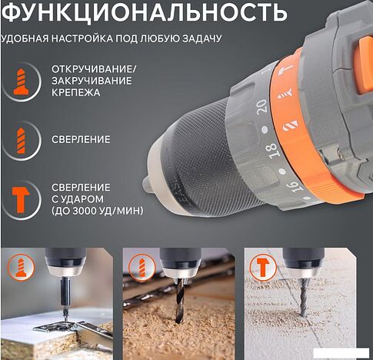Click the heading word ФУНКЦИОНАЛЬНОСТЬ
tap(144, 12)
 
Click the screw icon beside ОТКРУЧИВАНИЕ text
tap(21, 82)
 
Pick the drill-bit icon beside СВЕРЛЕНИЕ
tap(21, 141)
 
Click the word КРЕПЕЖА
tap(75, 92)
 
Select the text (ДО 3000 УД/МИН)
tap(97, 211)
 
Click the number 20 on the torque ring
tap(261, 106)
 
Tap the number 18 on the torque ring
tap(273, 149)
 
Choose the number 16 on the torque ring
tap(294, 188)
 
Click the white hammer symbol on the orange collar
tap(286, 70)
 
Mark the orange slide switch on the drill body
tap(365, 66)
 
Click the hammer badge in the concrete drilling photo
tap(262, 268)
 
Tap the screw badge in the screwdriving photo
tap(21, 268)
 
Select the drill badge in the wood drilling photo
tap(142, 268)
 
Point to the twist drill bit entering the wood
tap(180, 301)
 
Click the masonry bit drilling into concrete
tap(303, 298)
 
